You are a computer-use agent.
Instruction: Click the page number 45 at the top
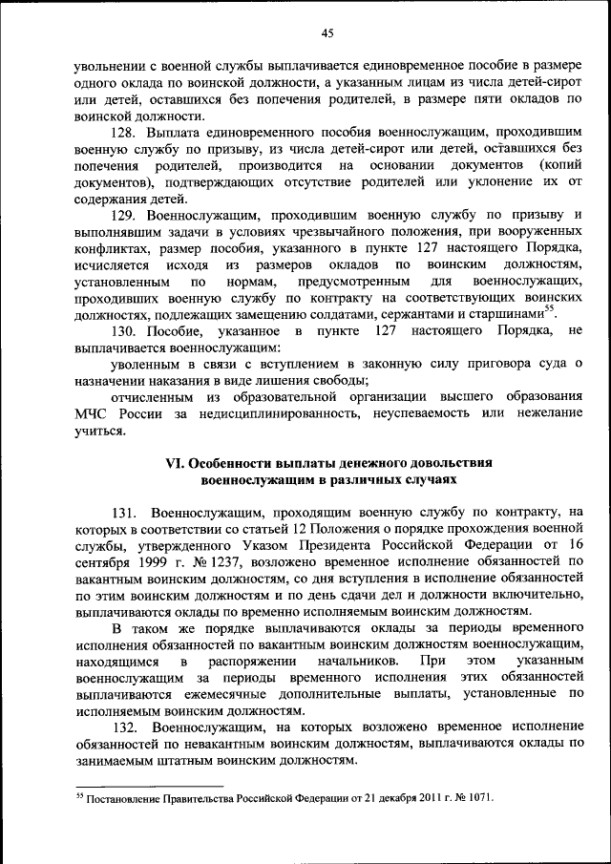pos(327,33)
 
